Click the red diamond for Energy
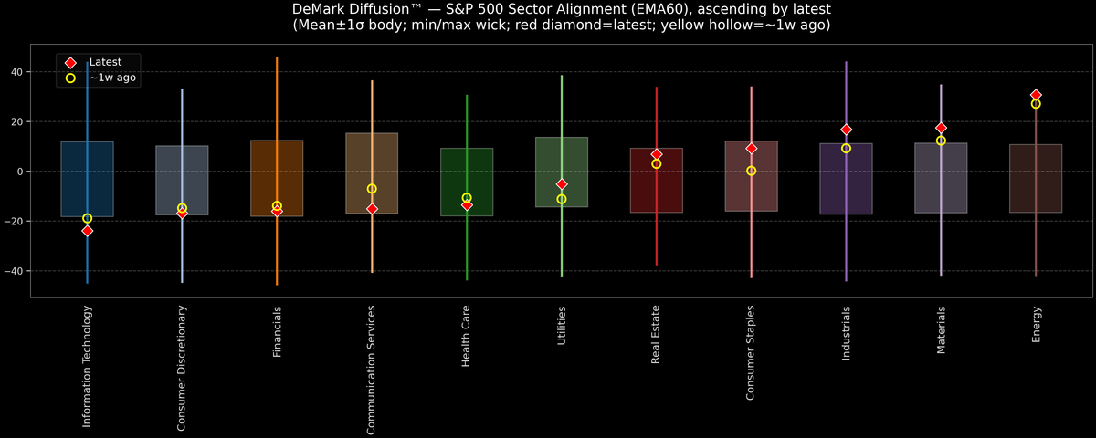(x=1036, y=95)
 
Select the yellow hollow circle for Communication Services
(x=372, y=189)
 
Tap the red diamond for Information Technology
(x=87, y=231)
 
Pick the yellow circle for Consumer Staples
(x=751, y=171)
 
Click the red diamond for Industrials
(x=846, y=130)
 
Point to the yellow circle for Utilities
(x=562, y=199)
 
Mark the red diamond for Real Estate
(x=657, y=154)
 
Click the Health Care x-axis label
(x=467, y=337)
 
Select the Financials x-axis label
(x=277, y=332)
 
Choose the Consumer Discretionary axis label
(x=182, y=368)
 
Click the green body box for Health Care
(x=467, y=182)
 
